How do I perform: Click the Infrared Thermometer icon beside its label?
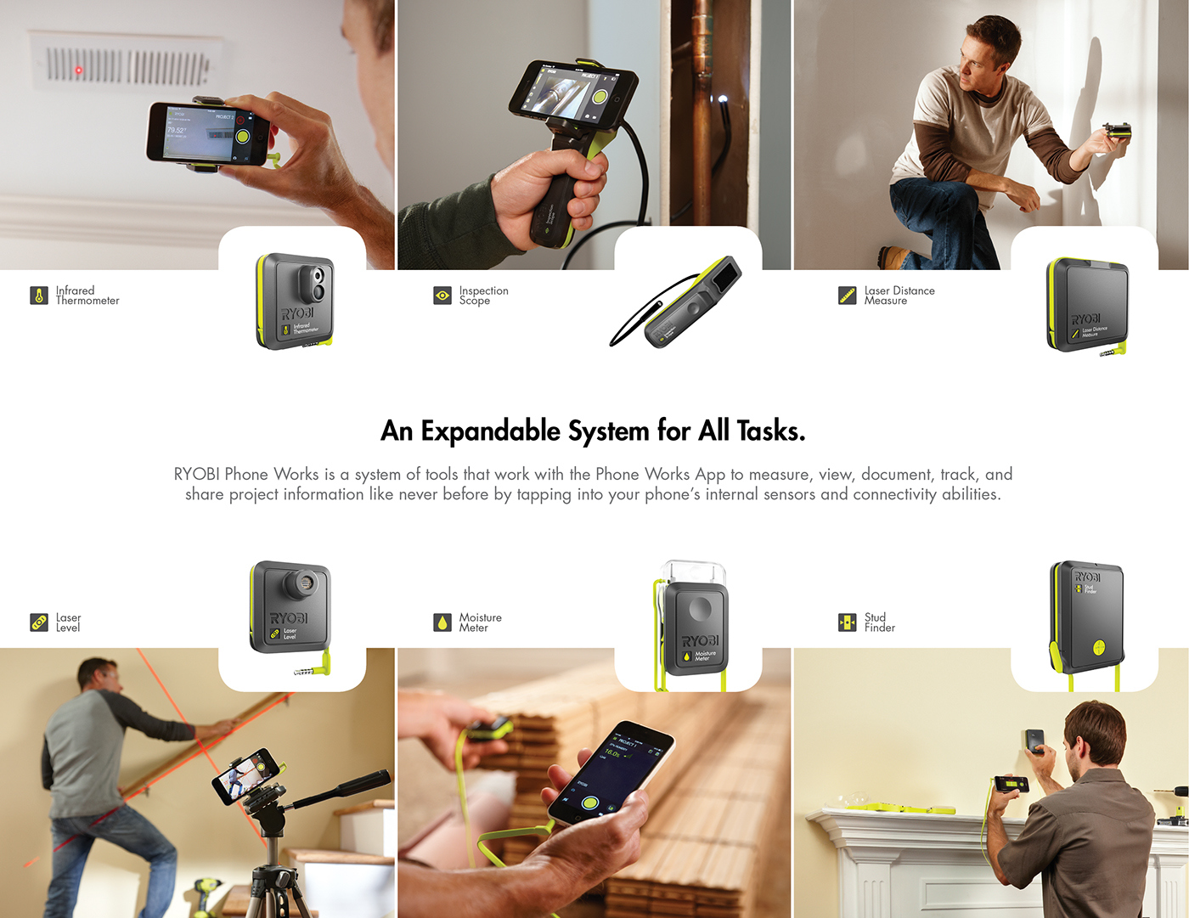[39, 296]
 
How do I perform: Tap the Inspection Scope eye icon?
[442, 296]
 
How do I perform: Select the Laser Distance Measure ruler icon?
[847, 296]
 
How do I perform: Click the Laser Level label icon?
[39, 622]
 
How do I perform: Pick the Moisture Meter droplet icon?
[442, 622]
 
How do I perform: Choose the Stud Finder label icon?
[847, 622]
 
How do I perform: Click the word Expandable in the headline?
[490, 431]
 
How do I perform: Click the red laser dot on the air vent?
[79, 70]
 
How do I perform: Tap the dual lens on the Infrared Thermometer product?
[318, 284]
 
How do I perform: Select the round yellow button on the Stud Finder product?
[1099, 649]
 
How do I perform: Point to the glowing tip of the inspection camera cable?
[723, 99]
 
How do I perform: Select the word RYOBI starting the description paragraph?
[197, 475]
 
